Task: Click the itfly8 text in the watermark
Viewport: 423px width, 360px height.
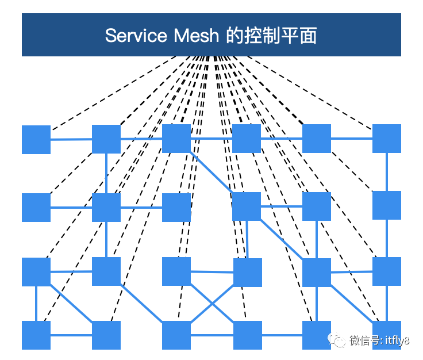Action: click(x=396, y=341)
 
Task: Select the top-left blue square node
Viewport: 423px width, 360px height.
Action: click(x=36, y=139)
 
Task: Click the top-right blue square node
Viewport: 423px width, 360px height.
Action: click(x=387, y=139)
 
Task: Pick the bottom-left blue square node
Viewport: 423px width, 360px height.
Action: click(x=36, y=335)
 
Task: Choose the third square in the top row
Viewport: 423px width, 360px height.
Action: click(x=176, y=139)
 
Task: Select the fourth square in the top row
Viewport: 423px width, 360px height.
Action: click(x=247, y=139)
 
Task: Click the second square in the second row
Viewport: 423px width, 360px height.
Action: click(x=106, y=208)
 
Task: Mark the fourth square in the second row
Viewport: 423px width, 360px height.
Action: click(x=247, y=206)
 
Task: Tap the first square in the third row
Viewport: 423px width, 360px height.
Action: click(x=36, y=272)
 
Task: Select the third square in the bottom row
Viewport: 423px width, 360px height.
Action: click(x=176, y=335)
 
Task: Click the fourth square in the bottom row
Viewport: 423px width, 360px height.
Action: click(x=248, y=335)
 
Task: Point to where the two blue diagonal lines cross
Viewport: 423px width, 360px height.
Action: click(x=212, y=302)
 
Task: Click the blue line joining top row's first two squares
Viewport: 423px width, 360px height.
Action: click(x=71, y=139)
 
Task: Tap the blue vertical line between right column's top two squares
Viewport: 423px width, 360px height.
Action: click(x=387, y=172)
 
